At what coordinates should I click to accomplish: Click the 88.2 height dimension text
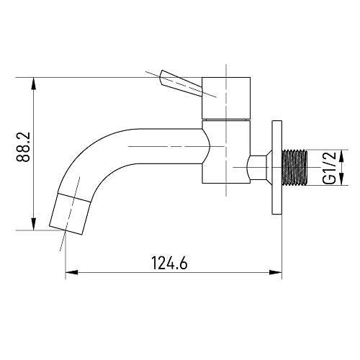click(23, 147)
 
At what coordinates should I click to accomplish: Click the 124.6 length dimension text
click(169, 263)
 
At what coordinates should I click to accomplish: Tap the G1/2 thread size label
click(329, 167)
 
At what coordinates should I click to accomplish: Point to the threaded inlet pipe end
click(294, 168)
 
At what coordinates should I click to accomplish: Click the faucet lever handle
click(181, 83)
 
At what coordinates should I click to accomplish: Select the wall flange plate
click(276, 167)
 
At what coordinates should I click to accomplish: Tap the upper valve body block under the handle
click(226, 98)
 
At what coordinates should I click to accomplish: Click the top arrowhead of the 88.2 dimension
click(34, 84)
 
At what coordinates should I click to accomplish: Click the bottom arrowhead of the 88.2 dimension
click(34, 224)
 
